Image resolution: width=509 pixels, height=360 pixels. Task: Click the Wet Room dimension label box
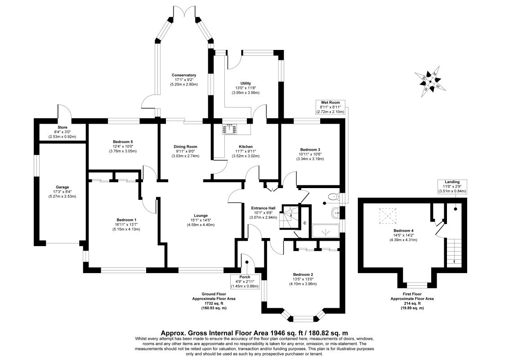(x=330, y=107)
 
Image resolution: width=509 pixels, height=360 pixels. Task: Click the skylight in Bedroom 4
(x=386, y=216)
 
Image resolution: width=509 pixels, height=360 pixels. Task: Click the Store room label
(x=62, y=131)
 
